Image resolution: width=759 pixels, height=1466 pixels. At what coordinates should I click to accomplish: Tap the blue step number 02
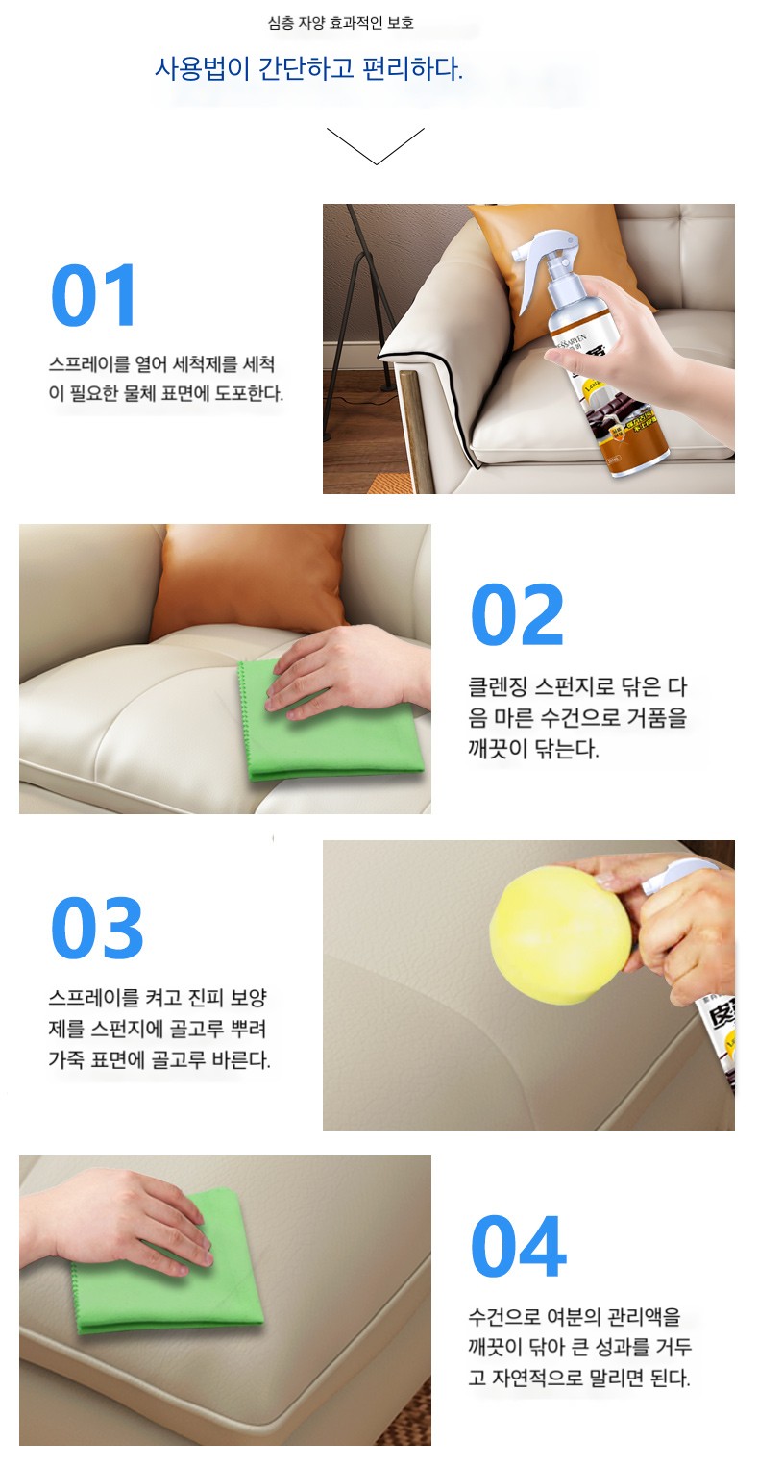pos(517,614)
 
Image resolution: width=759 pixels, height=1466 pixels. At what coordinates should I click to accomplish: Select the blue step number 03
pos(97,928)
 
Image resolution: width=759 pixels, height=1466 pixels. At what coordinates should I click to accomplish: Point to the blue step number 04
pos(518,1247)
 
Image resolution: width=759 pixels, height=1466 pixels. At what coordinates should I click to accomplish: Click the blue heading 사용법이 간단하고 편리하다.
pos(308,68)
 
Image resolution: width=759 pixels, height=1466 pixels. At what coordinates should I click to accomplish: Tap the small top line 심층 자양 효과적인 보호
pos(340,24)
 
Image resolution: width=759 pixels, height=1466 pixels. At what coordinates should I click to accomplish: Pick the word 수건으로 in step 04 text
pos(503,1316)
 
